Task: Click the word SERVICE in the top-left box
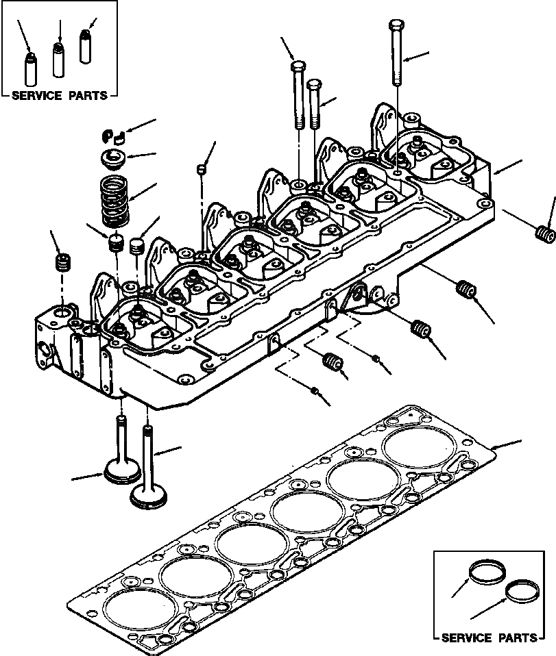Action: tap(40, 97)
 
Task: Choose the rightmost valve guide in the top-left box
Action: tap(86, 47)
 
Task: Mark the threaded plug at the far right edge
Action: tap(544, 232)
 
